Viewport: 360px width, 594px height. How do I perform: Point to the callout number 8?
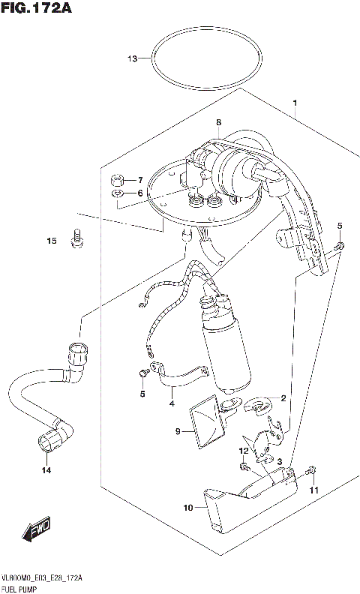coord(218,122)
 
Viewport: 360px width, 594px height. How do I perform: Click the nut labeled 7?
coord(117,180)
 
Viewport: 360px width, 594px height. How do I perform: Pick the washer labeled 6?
coord(117,194)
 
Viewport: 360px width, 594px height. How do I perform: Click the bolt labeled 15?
coord(76,240)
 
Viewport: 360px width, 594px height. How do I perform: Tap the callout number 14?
coord(46,470)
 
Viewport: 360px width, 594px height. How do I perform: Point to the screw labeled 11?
coord(312,472)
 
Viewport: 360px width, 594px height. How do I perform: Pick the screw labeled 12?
coord(246,466)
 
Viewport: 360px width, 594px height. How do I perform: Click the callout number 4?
coord(171,403)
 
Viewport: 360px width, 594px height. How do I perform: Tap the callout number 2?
coord(284,397)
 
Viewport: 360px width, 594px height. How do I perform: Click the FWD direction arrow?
coord(37,531)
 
